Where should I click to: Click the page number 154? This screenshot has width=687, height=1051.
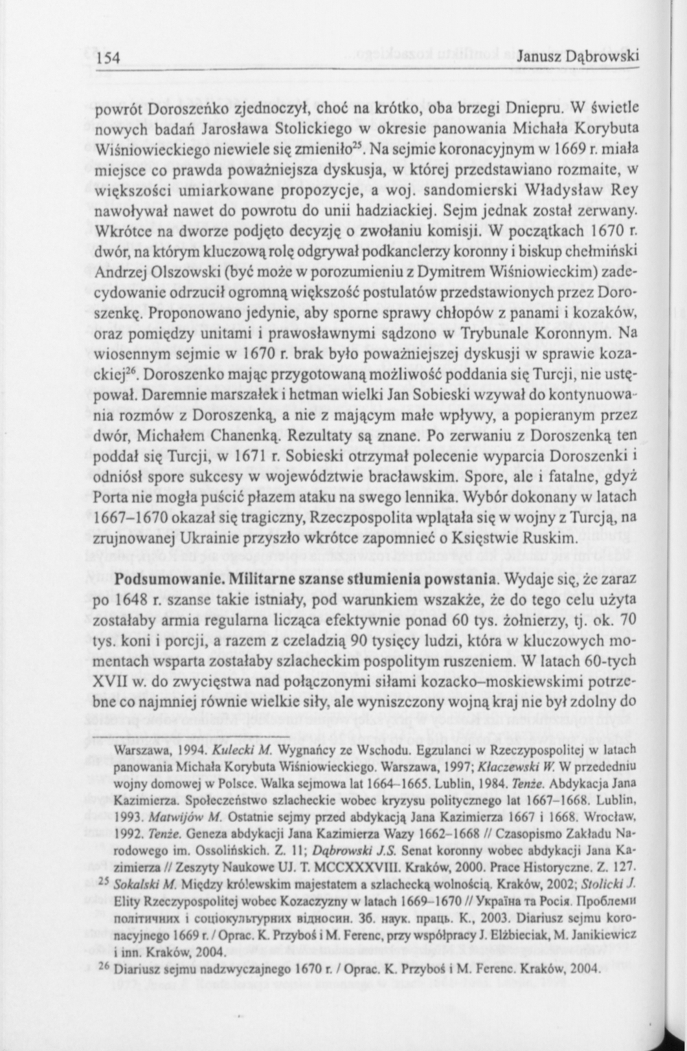coord(108,58)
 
